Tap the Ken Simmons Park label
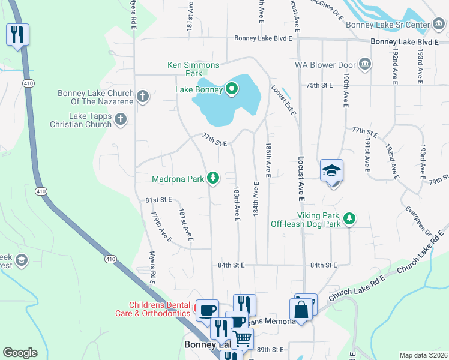[x=193, y=69]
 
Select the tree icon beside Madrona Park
[x=212, y=178]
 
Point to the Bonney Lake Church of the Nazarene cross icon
[x=143, y=97]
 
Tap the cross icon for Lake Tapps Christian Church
[x=121, y=119]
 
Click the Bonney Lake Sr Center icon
[x=439, y=25]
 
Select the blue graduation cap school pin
[x=331, y=172]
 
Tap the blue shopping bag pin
[x=301, y=310]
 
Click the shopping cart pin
[x=242, y=339]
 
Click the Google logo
[x=20, y=353]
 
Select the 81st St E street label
[x=158, y=199]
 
